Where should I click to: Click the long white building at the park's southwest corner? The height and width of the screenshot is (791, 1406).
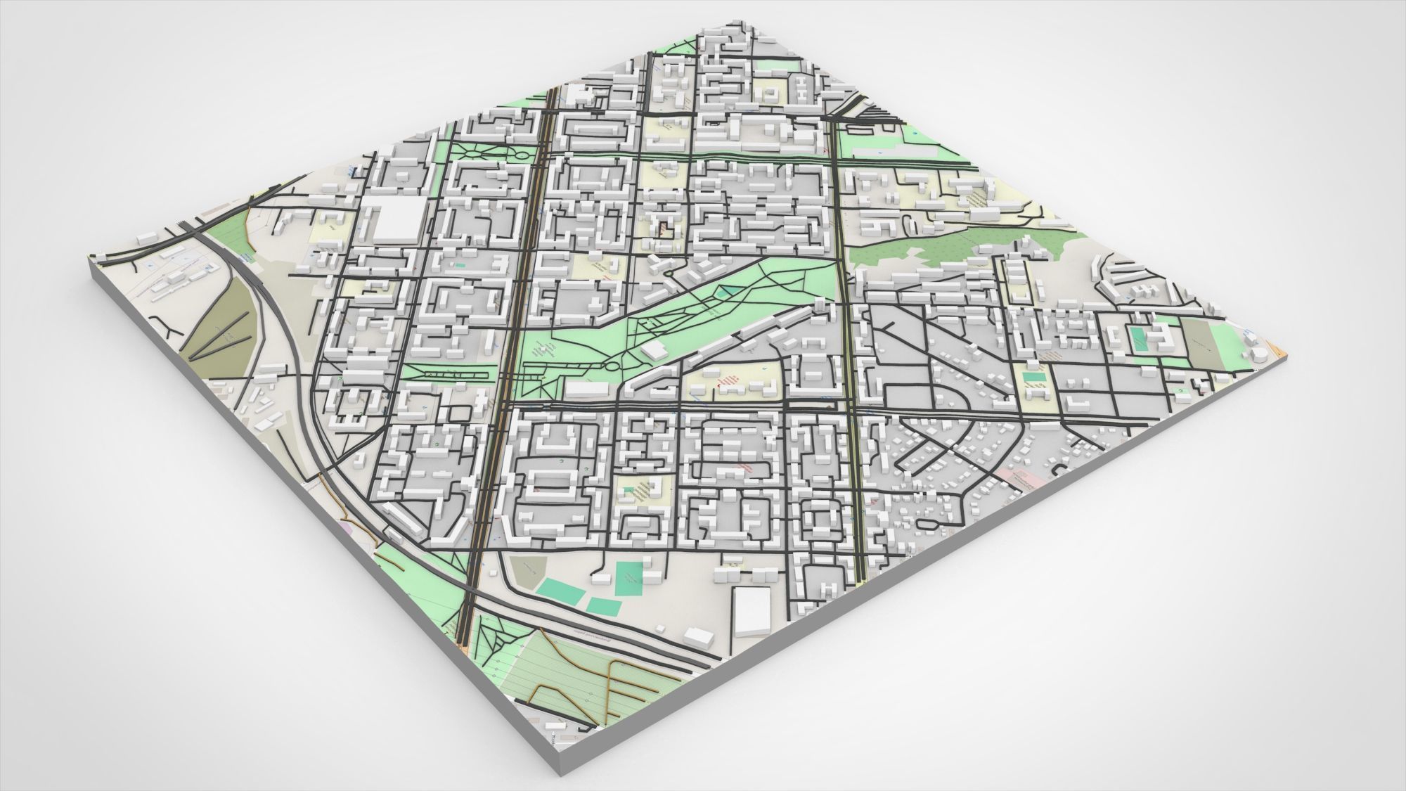point(586,388)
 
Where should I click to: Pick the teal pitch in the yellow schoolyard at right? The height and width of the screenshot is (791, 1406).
point(1034,378)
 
